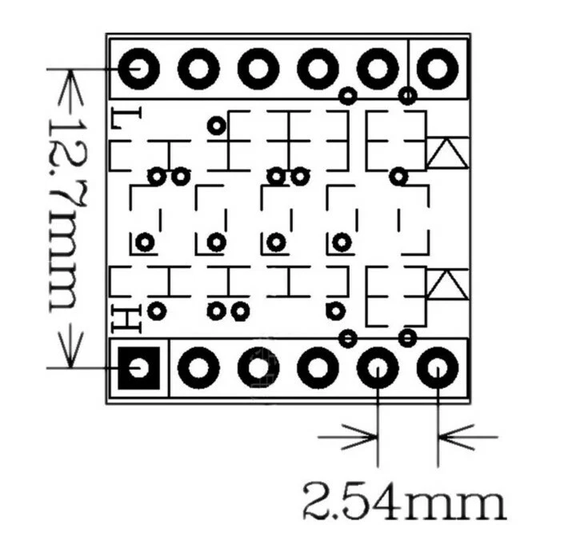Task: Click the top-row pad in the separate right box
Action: (438, 70)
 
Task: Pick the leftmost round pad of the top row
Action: (140, 70)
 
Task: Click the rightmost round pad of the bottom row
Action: (438, 368)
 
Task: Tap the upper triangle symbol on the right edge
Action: (446, 153)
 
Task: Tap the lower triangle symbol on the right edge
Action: (446, 285)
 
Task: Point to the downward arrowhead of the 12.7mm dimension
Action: (69, 352)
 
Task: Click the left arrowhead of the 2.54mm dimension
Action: (364, 437)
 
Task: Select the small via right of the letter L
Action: (216, 125)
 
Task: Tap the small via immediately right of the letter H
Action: (157, 310)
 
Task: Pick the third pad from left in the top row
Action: (258, 70)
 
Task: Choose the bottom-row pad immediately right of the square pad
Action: (198, 368)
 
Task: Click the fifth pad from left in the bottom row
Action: (378, 368)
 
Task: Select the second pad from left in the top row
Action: (198, 70)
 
